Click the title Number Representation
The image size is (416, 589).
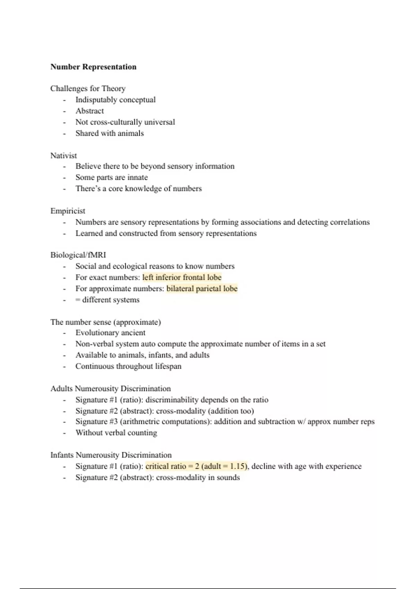point(93,67)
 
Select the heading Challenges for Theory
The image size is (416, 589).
point(88,89)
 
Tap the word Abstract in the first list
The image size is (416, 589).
point(89,111)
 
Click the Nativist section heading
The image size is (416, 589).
point(63,156)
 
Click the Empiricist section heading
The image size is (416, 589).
point(68,211)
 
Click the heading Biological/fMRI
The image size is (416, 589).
point(78,255)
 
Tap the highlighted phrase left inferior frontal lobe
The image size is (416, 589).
point(182,278)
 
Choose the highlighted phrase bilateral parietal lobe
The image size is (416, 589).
point(202,289)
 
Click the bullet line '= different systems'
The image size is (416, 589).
point(107,300)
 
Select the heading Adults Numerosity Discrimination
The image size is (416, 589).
point(111,389)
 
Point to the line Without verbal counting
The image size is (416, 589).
point(116,433)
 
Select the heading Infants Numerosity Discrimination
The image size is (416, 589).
point(111,455)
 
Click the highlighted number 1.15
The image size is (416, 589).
point(238,466)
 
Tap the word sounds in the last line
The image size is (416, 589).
point(228,477)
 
